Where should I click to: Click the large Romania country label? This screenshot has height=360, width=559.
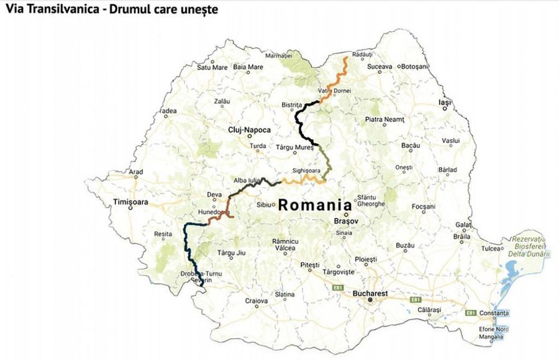(x=314, y=205)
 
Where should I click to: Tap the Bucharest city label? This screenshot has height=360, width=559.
(x=370, y=292)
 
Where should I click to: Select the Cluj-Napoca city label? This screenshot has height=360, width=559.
(x=249, y=130)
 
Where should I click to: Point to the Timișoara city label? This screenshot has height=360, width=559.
(x=131, y=202)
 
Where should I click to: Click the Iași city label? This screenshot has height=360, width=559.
(x=443, y=102)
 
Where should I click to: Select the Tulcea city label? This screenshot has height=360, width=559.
(x=491, y=249)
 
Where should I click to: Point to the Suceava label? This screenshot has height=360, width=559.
(x=379, y=66)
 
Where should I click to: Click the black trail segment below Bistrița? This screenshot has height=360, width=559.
(x=300, y=124)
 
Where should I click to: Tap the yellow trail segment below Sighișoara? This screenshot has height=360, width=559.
(x=304, y=180)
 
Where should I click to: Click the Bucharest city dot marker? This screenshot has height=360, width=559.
(x=370, y=300)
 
